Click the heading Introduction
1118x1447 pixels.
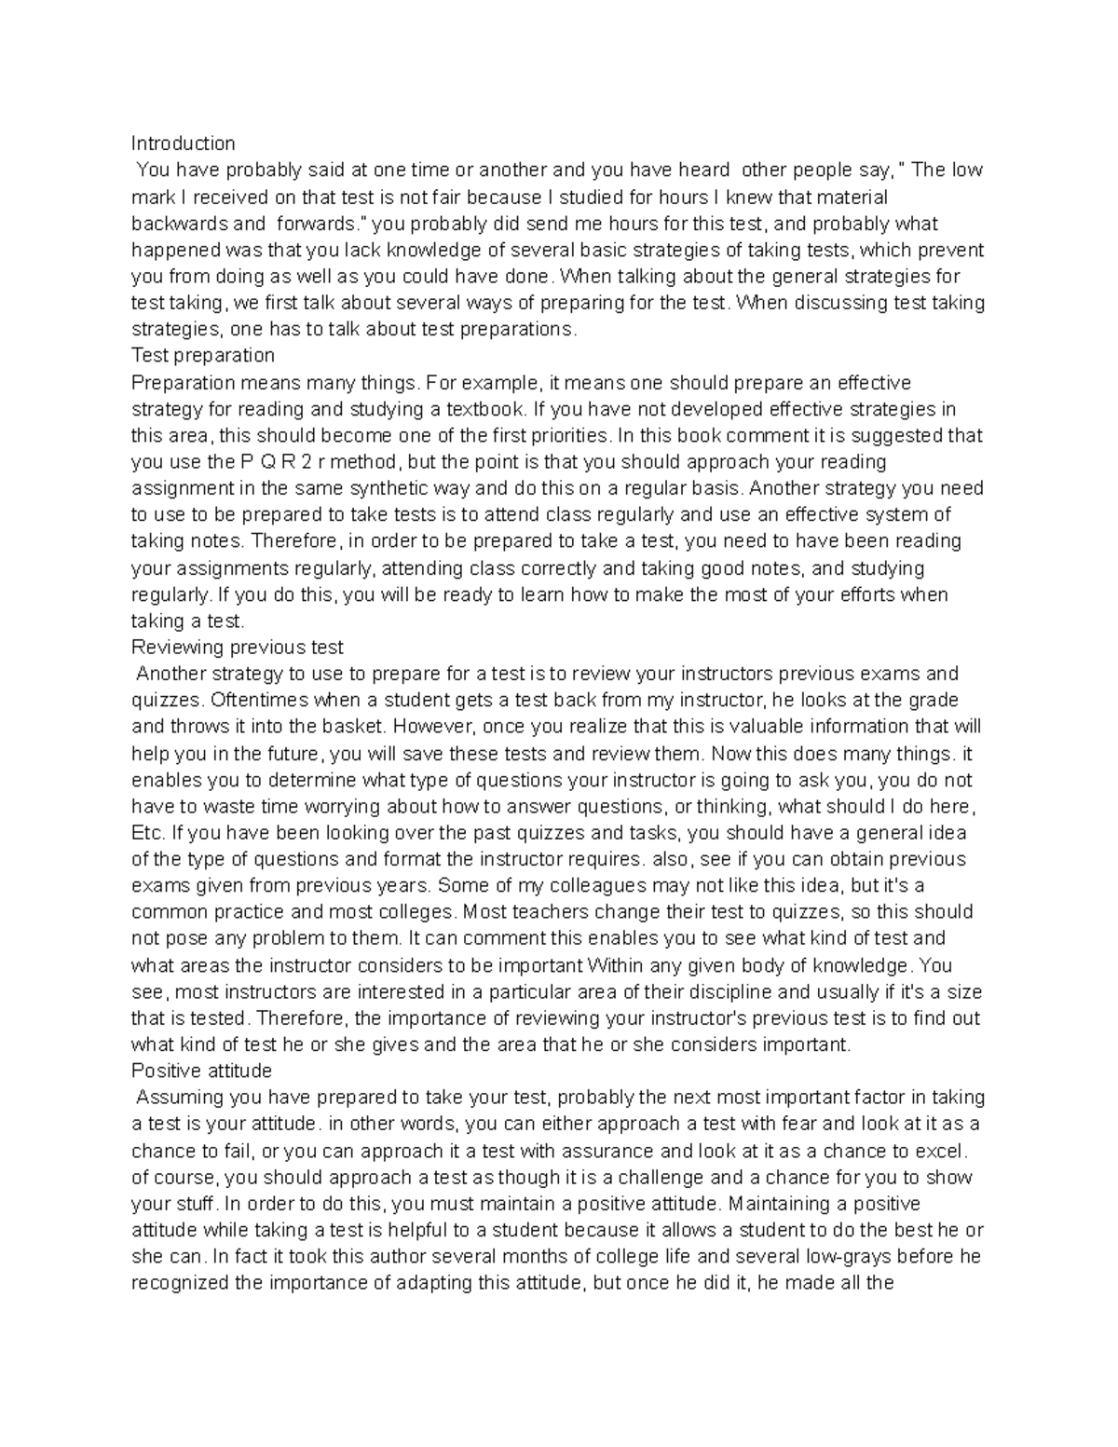point(183,143)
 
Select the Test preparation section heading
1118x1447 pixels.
point(203,356)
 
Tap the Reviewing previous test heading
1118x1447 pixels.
point(238,648)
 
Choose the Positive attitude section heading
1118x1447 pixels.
point(201,1071)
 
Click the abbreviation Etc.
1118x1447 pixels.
point(147,833)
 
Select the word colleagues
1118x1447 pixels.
point(602,885)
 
